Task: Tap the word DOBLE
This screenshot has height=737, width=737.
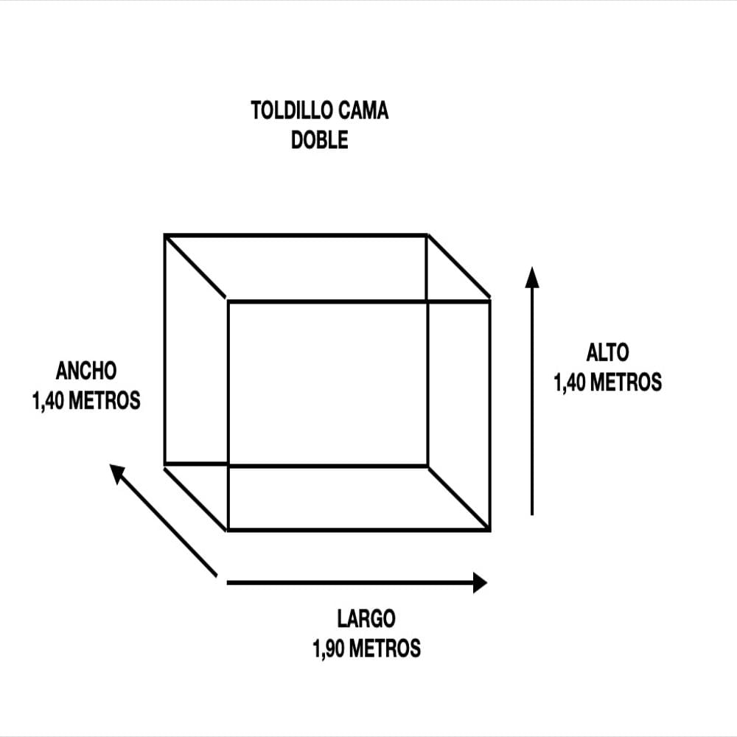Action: [320, 139]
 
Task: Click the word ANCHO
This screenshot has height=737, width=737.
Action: [86, 371]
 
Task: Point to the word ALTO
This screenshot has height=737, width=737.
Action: [607, 352]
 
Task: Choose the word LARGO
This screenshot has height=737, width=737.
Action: [366, 618]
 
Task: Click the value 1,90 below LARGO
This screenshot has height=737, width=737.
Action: [329, 649]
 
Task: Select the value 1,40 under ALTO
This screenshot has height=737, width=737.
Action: [570, 382]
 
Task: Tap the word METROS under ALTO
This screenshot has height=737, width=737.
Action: [626, 382]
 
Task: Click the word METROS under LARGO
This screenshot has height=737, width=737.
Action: [385, 649]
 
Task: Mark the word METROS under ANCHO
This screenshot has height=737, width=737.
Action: [105, 401]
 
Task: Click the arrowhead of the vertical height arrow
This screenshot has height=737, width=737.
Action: [531, 276]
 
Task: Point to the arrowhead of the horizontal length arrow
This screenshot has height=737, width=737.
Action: [480, 583]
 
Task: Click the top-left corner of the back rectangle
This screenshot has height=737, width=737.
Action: [165, 235]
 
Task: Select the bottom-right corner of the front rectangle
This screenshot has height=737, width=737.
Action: [489, 530]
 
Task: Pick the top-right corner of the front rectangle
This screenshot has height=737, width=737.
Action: [489, 301]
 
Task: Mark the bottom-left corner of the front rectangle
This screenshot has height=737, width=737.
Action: [228, 530]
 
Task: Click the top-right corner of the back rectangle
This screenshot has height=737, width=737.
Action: [427, 235]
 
